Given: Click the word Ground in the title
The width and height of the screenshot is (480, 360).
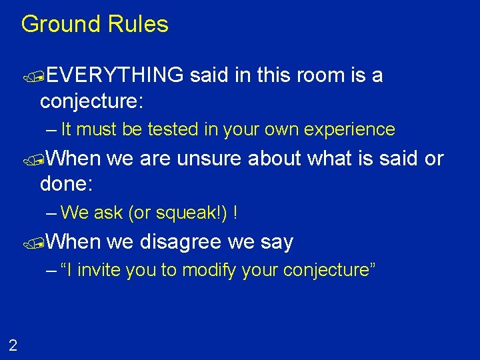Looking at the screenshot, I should coord(59,25).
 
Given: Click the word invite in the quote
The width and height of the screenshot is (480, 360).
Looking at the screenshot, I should coord(105,270).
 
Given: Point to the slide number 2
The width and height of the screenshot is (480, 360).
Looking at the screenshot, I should coord(13,345).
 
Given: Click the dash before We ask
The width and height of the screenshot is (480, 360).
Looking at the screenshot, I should coord(52,213).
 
